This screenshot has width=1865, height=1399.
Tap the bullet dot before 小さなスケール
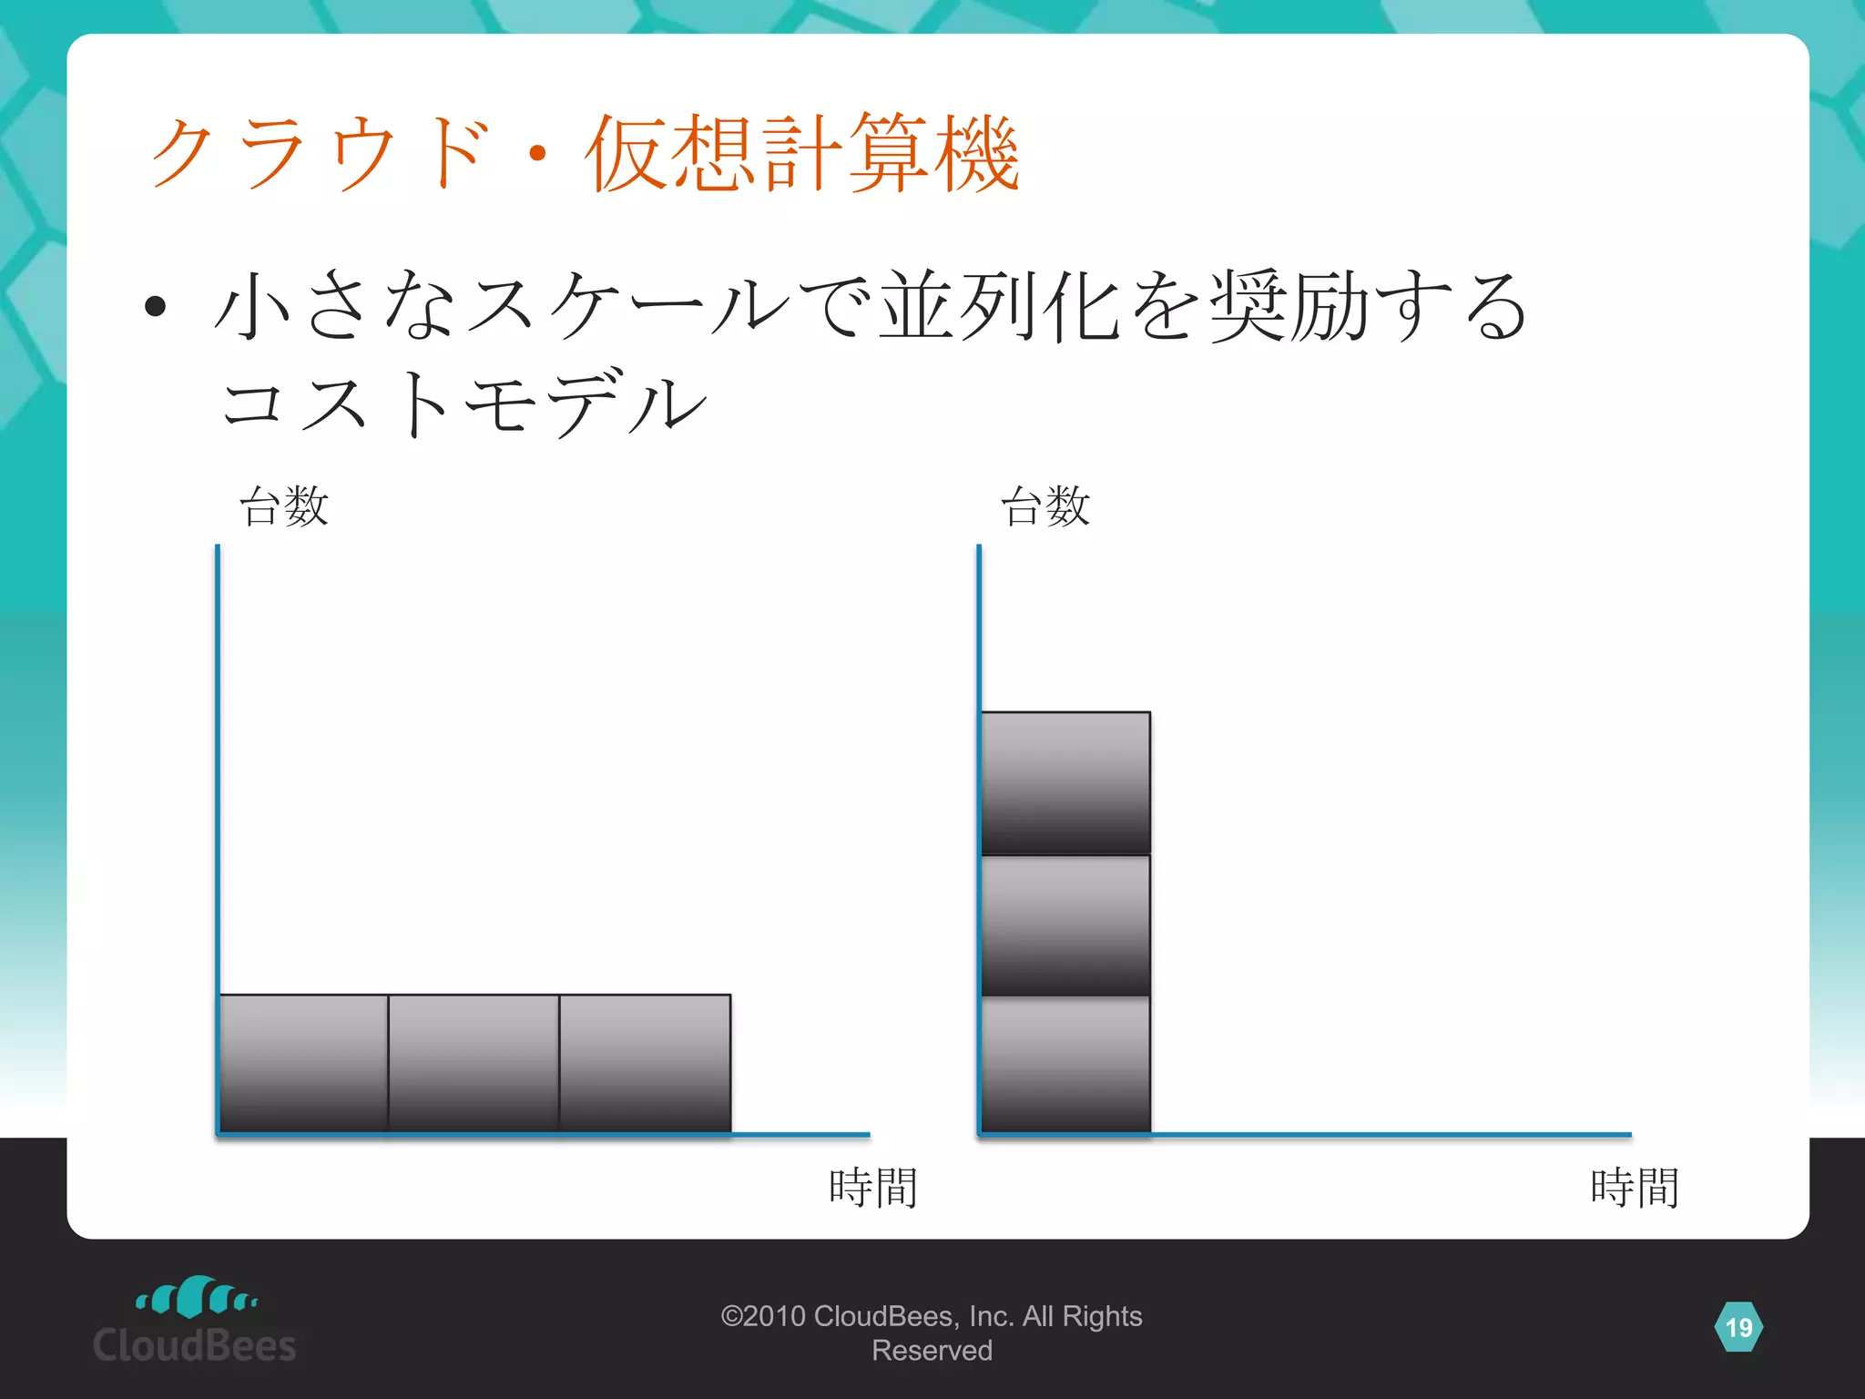156,307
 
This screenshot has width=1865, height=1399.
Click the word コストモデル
464,403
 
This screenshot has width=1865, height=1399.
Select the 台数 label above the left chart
283,506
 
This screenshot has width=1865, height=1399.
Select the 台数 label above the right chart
1045,506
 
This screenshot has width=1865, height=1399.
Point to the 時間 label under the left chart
872,1188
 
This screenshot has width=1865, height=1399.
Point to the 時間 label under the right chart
1635,1188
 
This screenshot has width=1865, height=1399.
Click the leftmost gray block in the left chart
304,1063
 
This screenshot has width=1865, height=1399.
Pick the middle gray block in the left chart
474,1063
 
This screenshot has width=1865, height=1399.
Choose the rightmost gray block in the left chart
645,1063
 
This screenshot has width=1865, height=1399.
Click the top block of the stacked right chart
1065,782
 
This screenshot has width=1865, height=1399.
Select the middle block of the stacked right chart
1065,925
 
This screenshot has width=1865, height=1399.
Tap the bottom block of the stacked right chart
1065,1065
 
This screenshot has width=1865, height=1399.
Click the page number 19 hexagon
1738,1327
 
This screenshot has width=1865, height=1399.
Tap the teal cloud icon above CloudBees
197,1297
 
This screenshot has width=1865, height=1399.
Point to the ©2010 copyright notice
931,1316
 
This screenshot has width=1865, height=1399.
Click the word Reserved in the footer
932,1351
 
